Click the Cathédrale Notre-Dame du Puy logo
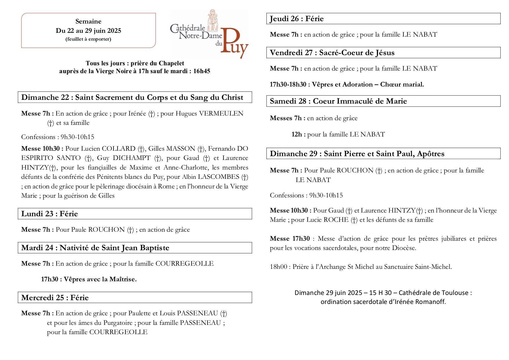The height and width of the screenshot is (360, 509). pos(209,34)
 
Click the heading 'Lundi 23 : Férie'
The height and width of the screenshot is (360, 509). pos(50,214)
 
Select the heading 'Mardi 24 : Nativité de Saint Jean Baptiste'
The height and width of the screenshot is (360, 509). pos(95,248)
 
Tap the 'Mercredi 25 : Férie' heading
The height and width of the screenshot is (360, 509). pos(55,298)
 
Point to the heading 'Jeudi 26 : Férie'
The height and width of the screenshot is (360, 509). pos(297,19)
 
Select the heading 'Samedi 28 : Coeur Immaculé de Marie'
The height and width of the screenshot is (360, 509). pos(338,101)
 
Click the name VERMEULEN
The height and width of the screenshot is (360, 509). pos(221,114)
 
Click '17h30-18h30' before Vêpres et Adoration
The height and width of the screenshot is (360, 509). pos(288,84)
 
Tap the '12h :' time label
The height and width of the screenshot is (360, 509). pos(298,134)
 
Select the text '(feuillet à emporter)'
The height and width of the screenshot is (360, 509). pos(88,39)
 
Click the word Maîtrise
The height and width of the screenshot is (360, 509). pos(123,279)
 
